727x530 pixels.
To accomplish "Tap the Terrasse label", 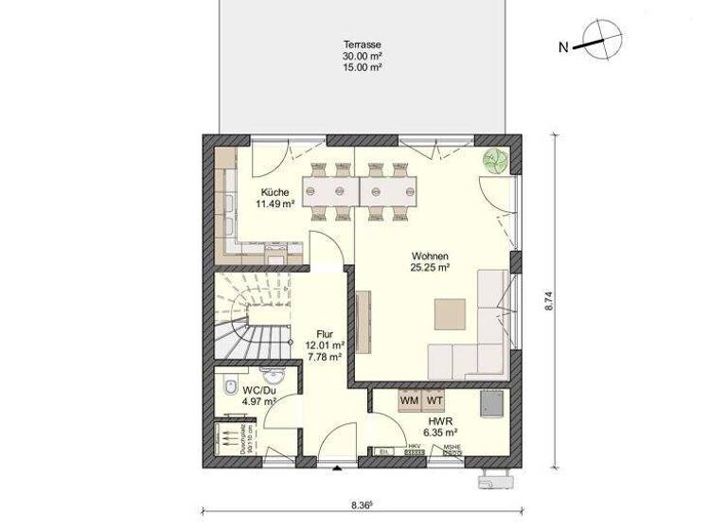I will [x=362, y=44].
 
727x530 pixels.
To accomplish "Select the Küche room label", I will [x=275, y=191].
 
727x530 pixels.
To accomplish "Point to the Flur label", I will [x=324, y=334].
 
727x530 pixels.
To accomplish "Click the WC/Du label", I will [x=258, y=390].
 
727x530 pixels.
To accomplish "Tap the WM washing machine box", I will [x=409, y=401].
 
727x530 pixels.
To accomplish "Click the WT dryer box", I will [x=434, y=401].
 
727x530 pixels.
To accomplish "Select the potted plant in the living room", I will [x=494, y=159].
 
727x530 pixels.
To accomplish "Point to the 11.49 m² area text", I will [x=275, y=203].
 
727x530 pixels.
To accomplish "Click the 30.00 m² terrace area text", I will [x=362, y=56].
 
